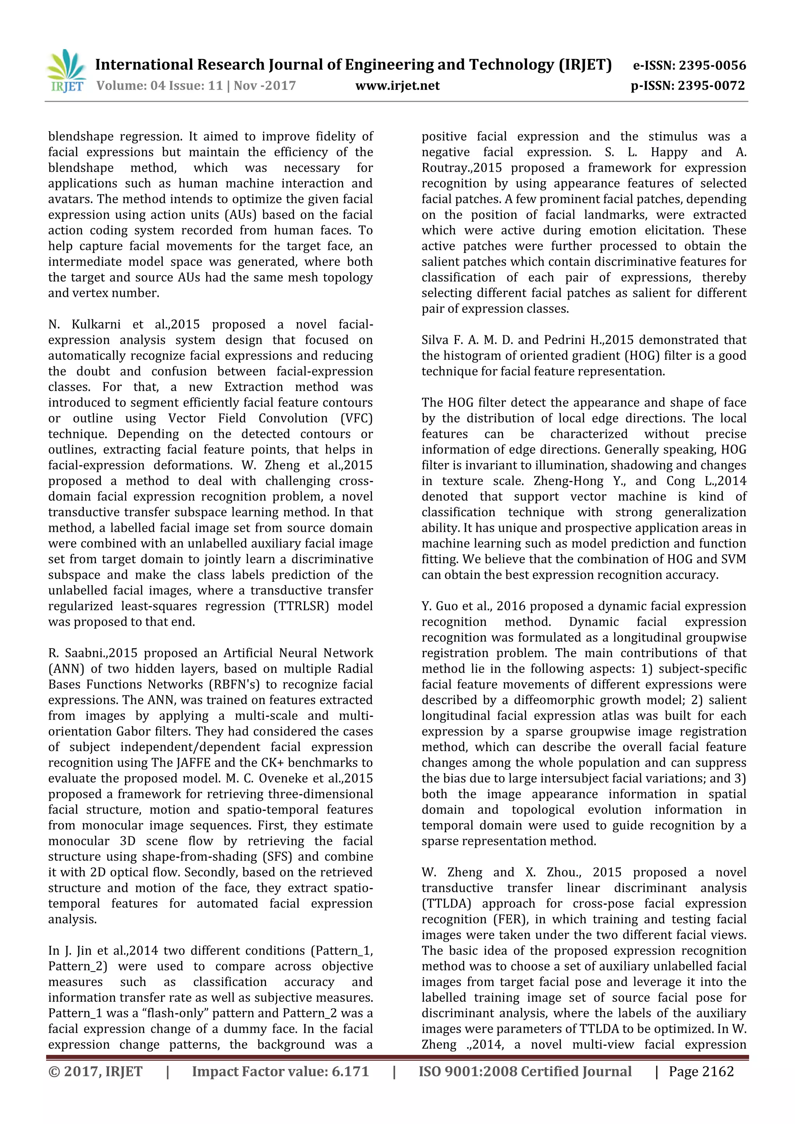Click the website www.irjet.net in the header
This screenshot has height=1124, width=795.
pos(397,86)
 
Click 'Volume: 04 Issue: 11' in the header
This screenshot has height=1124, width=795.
pos(160,86)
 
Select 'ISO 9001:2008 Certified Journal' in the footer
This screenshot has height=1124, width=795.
pos(525,1072)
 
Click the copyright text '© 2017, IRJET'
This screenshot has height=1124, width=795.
pos(95,1072)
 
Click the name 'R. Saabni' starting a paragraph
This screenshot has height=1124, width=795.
pos(76,653)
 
